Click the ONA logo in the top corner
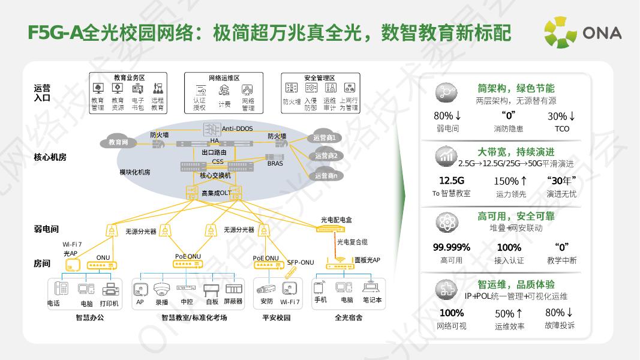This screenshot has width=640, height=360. [582, 33]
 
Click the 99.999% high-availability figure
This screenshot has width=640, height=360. [451, 247]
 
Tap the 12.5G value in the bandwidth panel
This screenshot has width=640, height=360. [451, 181]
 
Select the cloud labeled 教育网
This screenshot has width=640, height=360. [118, 142]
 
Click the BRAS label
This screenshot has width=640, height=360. [275, 163]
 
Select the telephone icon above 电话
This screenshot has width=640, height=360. [61, 289]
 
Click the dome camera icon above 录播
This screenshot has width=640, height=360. [161, 289]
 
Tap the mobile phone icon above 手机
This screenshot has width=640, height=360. [321, 287]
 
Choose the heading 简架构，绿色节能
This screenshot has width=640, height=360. [516, 88]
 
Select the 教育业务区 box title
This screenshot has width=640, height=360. [129, 78]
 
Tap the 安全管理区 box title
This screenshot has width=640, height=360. [320, 78]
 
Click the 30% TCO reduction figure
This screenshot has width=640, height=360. [561, 116]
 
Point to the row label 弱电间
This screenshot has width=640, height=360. [46, 229]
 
